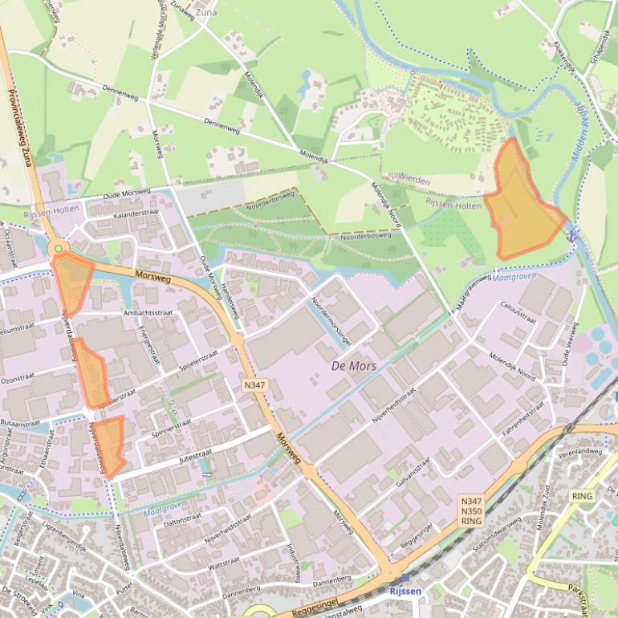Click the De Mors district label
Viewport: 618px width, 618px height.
click(354, 366)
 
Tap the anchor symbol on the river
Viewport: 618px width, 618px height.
click(572, 235)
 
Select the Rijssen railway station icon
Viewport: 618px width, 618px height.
click(405, 577)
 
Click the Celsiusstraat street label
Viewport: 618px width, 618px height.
click(517, 312)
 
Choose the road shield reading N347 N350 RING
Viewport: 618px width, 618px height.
click(471, 510)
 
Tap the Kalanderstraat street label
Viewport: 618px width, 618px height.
click(136, 214)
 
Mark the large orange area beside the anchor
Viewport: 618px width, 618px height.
click(521, 205)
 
